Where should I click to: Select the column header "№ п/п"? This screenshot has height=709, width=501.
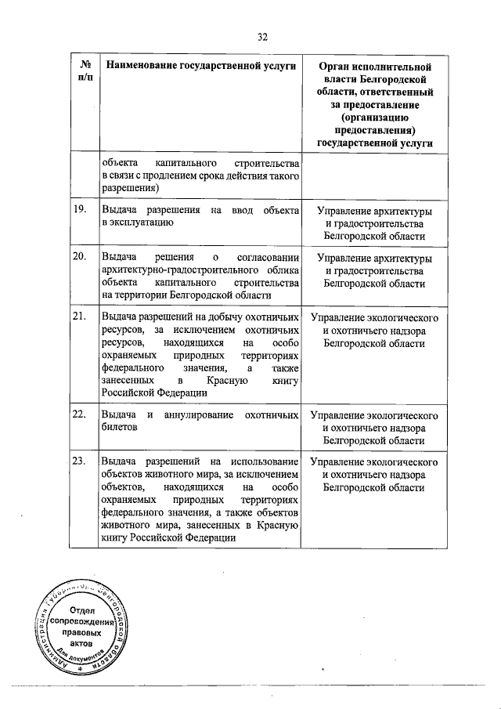pos(83,71)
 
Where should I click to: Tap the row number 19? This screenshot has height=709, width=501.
pos(78,210)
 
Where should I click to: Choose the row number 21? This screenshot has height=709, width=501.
pos(78,317)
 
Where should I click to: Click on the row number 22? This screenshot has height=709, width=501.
pos(78,414)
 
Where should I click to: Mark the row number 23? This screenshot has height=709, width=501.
pos(78,461)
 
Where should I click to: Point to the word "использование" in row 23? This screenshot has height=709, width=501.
pos(263,461)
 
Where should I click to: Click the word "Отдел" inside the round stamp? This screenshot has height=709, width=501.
pos(82,610)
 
